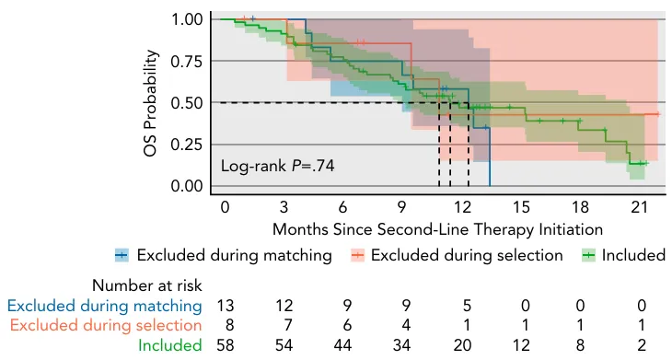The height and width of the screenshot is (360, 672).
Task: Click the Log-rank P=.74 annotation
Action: point(277,166)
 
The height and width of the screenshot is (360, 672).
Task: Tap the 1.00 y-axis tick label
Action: point(187,19)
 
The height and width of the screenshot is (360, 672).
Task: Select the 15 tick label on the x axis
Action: point(521,207)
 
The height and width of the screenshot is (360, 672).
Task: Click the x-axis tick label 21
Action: point(639,207)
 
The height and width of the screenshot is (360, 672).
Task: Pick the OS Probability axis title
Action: point(151,103)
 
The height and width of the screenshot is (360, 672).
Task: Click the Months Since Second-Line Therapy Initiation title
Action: point(437,229)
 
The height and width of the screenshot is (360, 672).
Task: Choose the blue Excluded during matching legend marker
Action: point(122,256)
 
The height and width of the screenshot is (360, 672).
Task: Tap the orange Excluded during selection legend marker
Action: point(357,256)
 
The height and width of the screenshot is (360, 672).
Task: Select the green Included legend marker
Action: point(589,256)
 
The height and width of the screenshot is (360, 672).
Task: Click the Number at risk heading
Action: point(147,285)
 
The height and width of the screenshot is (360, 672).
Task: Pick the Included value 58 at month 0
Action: point(226,344)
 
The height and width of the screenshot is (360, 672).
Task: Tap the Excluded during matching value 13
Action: point(226,306)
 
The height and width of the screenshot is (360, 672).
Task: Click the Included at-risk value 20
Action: point(462,344)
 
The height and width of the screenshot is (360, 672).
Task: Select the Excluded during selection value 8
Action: point(229,325)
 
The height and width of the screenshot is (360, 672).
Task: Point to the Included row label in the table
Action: point(169,345)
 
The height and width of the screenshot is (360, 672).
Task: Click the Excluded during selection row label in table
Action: point(106,325)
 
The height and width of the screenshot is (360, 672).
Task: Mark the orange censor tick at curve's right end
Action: point(658,114)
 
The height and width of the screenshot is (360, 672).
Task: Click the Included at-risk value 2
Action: point(641,344)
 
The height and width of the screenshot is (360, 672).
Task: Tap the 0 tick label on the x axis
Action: point(225,207)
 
